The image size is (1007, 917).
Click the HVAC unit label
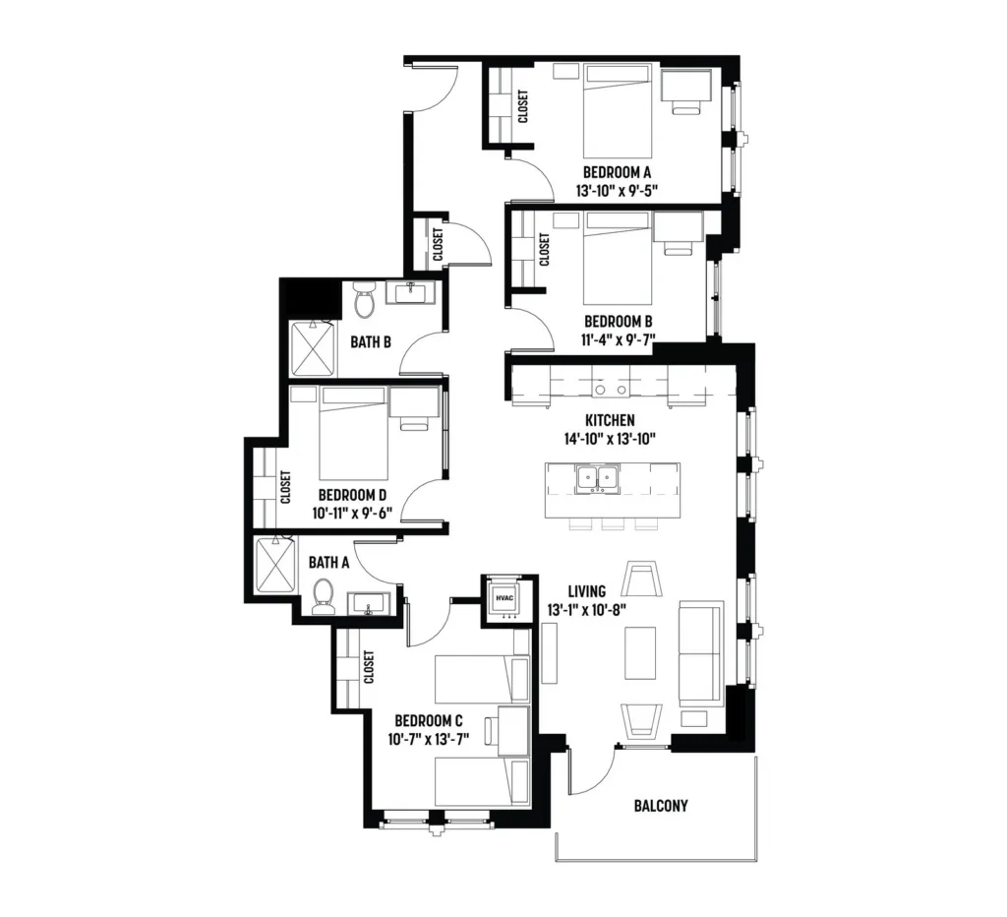(x=504, y=598)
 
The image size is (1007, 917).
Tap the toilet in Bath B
(x=365, y=300)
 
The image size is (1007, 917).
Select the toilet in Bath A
(x=322, y=596)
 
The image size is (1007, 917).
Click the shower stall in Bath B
(x=314, y=349)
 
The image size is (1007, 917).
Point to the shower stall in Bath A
(x=276, y=565)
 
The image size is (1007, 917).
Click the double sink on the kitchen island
(x=598, y=479)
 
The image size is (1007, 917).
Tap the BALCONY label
(x=661, y=806)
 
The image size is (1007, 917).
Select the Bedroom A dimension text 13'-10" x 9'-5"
(x=617, y=191)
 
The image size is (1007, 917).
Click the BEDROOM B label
(x=619, y=322)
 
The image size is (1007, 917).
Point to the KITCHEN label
(x=610, y=420)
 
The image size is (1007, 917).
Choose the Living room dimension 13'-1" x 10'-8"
(x=587, y=610)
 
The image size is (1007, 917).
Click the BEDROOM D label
(x=353, y=496)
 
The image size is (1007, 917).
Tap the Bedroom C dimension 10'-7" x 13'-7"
(x=429, y=740)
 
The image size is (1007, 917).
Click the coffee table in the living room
(x=640, y=653)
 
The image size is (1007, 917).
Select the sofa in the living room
(x=701, y=651)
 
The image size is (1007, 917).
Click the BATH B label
(x=371, y=342)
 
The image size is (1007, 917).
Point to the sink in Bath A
(x=369, y=605)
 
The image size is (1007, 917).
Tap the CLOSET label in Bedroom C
(x=369, y=667)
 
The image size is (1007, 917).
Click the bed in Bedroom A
(x=618, y=112)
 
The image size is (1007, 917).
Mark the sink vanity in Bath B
(x=410, y=293)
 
